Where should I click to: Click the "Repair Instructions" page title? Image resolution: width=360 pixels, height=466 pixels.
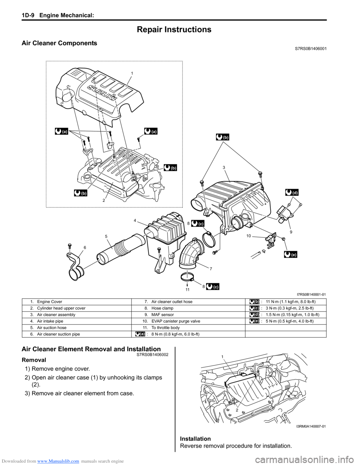174,29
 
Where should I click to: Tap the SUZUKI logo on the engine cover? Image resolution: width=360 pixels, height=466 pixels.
101,92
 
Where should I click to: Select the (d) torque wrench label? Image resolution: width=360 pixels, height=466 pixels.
292,192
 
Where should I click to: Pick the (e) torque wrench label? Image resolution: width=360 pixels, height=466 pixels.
291,254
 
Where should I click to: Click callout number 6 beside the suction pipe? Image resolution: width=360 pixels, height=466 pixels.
85,248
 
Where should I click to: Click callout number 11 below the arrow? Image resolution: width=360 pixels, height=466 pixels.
187,290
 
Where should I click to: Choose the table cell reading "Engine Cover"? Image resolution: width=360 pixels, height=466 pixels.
49,302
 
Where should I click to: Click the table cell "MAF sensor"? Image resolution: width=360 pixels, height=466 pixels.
162,314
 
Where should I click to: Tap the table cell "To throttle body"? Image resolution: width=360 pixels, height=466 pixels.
165,328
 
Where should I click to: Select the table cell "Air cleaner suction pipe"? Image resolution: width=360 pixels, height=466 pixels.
58,334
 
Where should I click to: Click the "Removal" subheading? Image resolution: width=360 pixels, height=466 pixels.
34,360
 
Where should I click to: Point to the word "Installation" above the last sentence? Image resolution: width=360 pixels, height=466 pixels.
195,439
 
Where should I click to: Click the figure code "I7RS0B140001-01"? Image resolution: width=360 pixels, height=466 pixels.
311,295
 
